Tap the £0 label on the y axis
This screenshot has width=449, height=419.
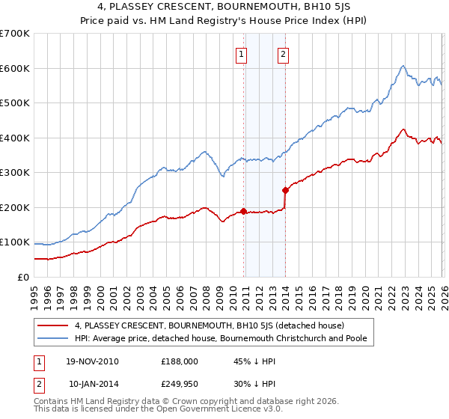pyautogui.click(x=23, y=277)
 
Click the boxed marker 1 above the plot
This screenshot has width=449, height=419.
pyautogui.click(x=242, y=53)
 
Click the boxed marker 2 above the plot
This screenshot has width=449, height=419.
pyautogui.click(x=284, y=53)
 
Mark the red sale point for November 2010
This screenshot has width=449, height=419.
pyautogui.click(x=243, y=212)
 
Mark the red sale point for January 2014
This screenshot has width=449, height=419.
pyautogui.click(x=285, y=190)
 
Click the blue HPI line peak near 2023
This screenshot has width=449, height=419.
pyautogui.click(x=403, y=65)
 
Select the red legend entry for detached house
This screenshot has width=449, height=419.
pyautogui.click(x=209, y=326)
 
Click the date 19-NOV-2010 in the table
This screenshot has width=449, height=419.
pyautogui.click(x=92, y=361)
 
